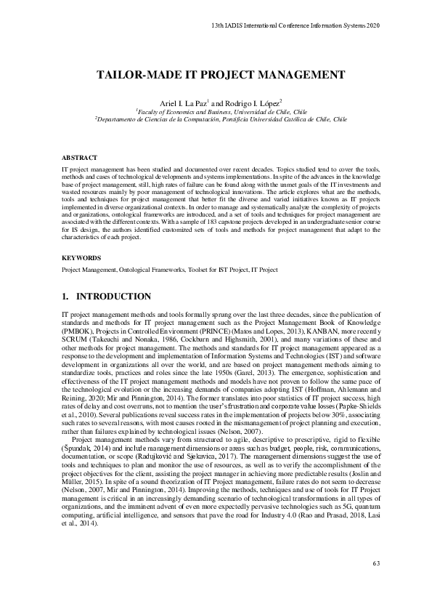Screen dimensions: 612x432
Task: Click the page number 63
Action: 376,563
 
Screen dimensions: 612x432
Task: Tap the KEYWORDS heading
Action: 76,257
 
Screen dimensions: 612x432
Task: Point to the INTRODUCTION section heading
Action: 113,297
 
